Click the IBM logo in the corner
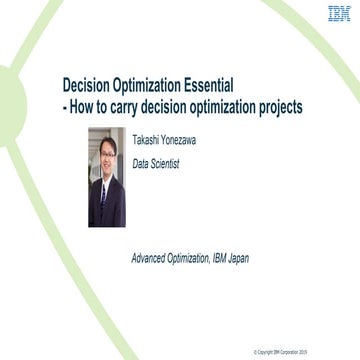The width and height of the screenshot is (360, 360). (339, 14)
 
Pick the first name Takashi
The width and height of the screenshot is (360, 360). (149, 140)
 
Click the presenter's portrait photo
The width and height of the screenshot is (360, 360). (107, 177)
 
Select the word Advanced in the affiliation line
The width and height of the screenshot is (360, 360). (151, 258)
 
